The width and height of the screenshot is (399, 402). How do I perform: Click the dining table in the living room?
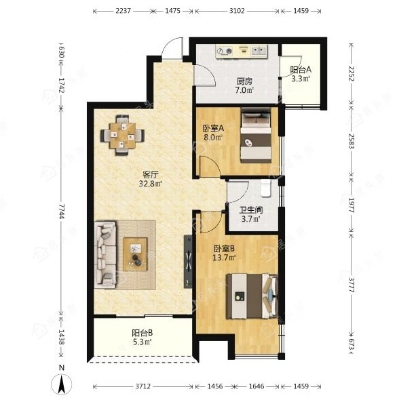[122, 136]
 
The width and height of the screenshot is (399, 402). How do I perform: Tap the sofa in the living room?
[105, 254]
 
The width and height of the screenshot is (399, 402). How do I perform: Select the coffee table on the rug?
[135, 254]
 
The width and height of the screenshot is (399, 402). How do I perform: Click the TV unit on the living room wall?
[188, 262]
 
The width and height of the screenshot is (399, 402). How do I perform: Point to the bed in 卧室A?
[256, 136]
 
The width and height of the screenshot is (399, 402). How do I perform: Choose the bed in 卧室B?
[252, 296]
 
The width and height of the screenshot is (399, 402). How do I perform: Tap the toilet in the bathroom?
[265, 188]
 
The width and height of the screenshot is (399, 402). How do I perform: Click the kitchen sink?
[259, 51]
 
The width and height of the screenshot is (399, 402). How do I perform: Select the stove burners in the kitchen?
[225, 52]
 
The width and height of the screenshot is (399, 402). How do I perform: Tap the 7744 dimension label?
[61, 212]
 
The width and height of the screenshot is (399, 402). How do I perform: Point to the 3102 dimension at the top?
[237, 11]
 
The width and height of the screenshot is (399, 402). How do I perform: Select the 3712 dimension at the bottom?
[143, 386]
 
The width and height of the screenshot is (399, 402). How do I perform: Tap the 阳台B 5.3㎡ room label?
[142, 338]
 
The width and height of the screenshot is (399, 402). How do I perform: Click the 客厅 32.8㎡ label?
[151, 179]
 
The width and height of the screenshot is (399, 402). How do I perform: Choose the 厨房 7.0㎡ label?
[244, 85]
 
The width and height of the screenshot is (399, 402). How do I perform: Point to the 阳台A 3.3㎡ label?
[301, 74]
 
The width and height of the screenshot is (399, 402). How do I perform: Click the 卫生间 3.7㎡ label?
[251, 215]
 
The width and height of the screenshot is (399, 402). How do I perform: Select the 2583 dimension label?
[351, 141]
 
